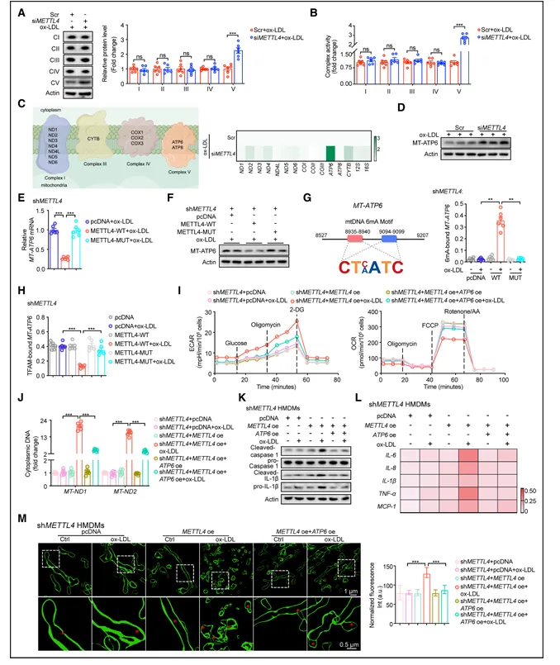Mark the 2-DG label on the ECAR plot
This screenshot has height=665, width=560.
click(295, 310)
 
